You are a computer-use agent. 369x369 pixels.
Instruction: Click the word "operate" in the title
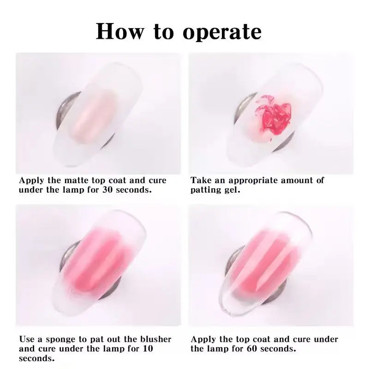click(222, 32)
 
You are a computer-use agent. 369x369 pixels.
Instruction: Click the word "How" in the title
click(120, 31)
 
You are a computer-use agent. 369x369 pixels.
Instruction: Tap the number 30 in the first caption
click(107, 190)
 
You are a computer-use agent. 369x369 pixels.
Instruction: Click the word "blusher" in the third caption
click(156, 339)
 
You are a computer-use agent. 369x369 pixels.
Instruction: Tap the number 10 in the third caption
click(148, 349)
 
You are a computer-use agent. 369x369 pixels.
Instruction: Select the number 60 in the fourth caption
click(252, 349)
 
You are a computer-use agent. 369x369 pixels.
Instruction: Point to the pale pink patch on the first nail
click(94, 117)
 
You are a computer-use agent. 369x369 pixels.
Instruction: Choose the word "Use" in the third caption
click(27, 339)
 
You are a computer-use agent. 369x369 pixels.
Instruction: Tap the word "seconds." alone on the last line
click(37, 358)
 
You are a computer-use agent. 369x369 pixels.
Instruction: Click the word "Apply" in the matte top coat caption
click(31, 181)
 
